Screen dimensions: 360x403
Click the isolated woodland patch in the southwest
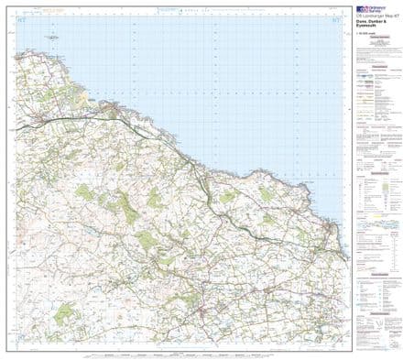click(63, 314)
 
